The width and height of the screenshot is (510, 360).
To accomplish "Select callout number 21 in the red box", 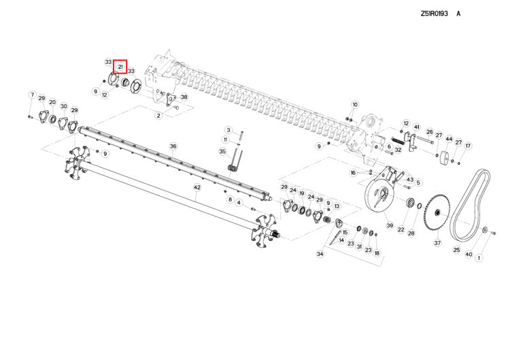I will (120, 67).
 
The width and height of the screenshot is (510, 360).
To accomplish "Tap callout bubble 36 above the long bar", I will (173, 146).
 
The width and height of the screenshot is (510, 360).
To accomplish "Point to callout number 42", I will (197, 187).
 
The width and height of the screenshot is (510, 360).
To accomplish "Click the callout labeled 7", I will (31, 95).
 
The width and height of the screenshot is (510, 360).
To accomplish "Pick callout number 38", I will (184, 97).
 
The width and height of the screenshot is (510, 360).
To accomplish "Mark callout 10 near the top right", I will (354, 104).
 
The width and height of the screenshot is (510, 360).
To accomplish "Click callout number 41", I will (416, 127).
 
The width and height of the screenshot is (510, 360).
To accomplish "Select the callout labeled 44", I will (449, 139).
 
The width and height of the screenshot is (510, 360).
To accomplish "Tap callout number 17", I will (468, 146).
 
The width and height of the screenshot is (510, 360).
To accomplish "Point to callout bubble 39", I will (390, 225).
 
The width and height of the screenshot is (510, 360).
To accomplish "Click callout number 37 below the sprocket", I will (437, 243).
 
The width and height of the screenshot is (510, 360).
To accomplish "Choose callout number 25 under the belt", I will (457, 250).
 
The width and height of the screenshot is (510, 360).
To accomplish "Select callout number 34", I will (320, 254).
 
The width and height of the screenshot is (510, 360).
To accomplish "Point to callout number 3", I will (228, 129).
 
